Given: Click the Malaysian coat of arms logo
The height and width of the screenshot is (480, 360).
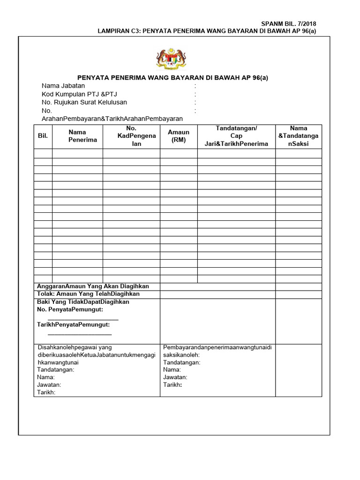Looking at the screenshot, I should pos(167,60).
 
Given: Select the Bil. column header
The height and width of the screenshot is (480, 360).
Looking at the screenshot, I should pos(43,136).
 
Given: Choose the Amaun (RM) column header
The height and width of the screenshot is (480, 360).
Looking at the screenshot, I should pos(179,136).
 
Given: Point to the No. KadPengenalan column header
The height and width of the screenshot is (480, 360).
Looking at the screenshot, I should pos(131,136).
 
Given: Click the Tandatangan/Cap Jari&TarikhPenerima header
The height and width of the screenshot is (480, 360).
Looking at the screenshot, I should pos(236,136).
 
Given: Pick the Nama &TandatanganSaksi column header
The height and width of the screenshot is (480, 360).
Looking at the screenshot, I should pos(299,136).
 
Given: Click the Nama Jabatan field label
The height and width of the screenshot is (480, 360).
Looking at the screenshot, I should pos(63,86).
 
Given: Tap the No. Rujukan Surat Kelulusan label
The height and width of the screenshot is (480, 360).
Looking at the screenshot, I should pos(84,102).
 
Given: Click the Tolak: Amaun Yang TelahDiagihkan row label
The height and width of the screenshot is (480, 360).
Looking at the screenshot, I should pos(88,294).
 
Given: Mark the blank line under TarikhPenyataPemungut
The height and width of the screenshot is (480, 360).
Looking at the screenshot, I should pos(80,334).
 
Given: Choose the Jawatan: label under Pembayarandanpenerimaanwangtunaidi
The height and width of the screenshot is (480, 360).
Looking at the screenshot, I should pos(175,377).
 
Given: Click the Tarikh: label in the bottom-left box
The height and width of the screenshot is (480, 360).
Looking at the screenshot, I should pos(46,392).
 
